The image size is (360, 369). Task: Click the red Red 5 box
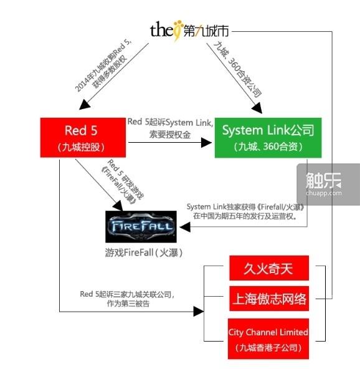83,137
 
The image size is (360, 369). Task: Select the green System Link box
268,138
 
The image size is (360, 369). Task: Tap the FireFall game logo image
141,227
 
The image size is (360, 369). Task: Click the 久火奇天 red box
269,268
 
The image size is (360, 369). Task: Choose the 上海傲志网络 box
269,299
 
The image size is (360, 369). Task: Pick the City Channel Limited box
268,339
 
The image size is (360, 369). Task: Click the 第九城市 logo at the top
189,31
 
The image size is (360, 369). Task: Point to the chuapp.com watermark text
324,193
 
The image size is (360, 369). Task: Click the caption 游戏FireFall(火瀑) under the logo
144,252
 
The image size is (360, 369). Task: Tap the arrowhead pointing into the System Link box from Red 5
206,143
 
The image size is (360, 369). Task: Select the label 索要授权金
170,135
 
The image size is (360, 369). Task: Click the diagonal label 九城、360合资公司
238,69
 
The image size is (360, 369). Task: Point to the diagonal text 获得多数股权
110,71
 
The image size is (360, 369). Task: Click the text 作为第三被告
128,304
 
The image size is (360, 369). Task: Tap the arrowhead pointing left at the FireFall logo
185,228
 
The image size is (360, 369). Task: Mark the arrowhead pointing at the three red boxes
199,312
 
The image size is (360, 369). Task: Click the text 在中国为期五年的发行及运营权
245,216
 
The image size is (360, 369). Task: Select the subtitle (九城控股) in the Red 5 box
81,147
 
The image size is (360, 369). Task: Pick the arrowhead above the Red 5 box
85,105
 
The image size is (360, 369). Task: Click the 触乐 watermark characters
323,181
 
